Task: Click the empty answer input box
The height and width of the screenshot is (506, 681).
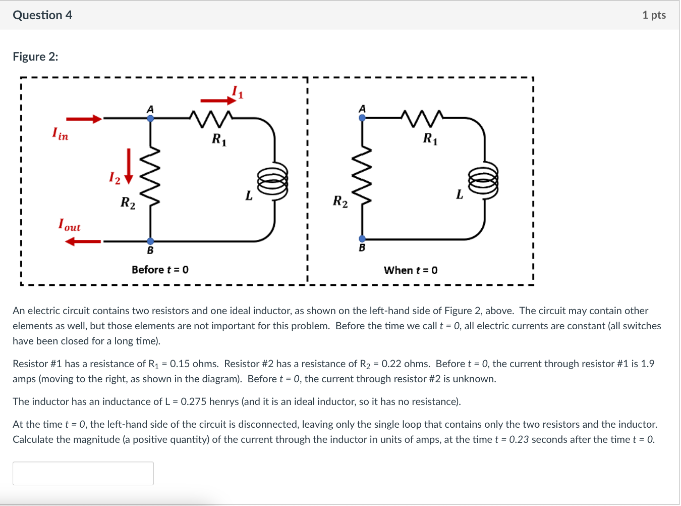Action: (x=83, y=473)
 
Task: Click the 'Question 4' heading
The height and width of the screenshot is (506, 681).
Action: (x=42, y=15)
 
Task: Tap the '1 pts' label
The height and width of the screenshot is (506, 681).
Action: (x=654, y=15)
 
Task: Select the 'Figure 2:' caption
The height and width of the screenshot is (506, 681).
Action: (x=35, y=57)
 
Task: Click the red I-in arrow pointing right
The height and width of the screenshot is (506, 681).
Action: (x=84, y=119)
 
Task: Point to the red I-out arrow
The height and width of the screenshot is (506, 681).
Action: (x=83, y=242)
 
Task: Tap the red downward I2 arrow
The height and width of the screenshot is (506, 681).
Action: (x=129, y=166)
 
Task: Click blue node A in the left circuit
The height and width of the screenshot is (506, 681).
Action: (x=150, y=118)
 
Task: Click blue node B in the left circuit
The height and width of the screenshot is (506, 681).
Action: (x=150, y=241)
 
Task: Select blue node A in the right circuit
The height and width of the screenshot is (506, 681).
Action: (x=362, y=118)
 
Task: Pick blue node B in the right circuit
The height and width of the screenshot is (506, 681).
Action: (x=362, y=239)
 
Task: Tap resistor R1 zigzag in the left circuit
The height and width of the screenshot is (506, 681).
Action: (x=211, y=119)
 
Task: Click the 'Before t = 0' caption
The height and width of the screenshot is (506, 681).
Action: (x=160, y=270)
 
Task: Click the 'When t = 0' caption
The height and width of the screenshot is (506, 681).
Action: (x=411, y=270)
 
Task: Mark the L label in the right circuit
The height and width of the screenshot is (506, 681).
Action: (x=459, y=194)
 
